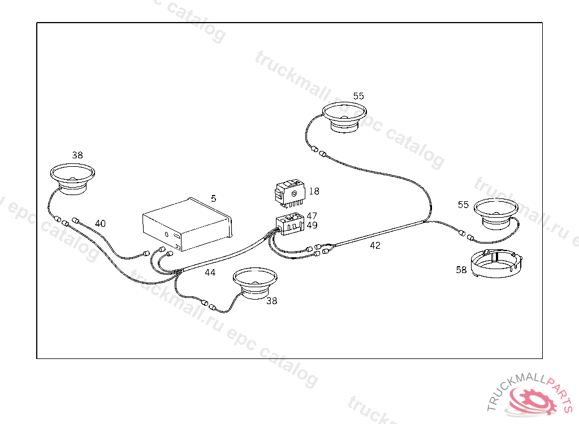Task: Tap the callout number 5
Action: (213, 198)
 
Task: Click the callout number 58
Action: (461, 270)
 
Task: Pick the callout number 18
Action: (314, 191)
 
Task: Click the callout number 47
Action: (312, 216)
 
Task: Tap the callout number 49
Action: (312, 225)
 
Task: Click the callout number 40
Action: (100, 223)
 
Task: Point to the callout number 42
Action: (375, 245)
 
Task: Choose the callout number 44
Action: (210, 272)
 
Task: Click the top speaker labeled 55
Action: (345, 116)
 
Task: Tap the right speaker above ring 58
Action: (496, 213)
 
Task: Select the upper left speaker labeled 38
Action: (72, 179)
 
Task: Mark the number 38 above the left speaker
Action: (77, 154)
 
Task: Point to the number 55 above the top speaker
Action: (358, 96)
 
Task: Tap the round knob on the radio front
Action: (167, 234)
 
